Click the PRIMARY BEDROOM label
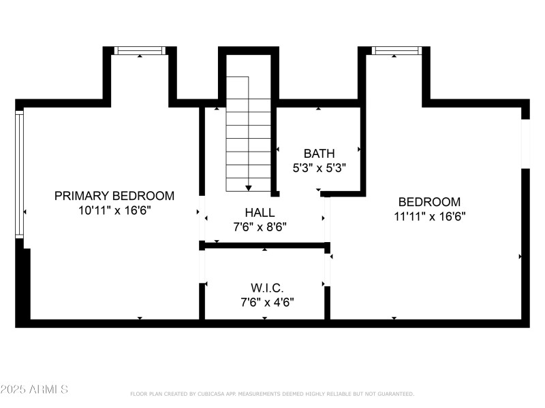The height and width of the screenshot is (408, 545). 114,196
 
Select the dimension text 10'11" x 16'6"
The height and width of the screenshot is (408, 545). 114,211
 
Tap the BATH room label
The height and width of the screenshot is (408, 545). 319,154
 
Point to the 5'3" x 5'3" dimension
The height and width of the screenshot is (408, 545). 319,169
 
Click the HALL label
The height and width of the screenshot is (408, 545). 260,212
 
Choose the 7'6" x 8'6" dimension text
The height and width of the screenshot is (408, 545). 260,227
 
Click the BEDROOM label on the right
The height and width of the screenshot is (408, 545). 429,202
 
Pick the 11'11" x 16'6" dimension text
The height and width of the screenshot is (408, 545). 429,217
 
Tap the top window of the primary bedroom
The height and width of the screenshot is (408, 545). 140,50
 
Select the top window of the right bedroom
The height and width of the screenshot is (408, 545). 396,50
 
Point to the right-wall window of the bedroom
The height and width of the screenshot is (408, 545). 525,143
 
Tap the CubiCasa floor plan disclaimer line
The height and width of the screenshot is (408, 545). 272,394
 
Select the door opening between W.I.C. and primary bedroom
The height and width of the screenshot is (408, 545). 202,267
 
